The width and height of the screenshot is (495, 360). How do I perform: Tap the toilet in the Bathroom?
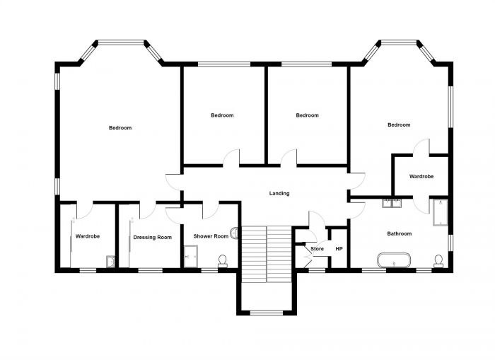(438, 262)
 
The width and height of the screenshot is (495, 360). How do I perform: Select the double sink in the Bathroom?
(391, 204)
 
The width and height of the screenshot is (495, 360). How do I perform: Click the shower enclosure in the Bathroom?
(440, 212)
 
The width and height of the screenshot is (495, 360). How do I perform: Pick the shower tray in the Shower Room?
(190, 255)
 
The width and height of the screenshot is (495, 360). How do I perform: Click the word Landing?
(279, 193)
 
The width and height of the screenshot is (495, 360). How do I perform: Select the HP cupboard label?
(339, 249)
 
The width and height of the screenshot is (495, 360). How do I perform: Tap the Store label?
(317, 249)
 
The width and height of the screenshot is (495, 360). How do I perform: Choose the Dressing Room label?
(153, 238)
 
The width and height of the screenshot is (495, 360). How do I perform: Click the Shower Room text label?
(211, 236)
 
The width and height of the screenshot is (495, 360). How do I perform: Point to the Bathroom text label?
(399, 233)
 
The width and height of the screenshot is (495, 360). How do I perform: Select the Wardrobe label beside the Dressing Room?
(88, 236)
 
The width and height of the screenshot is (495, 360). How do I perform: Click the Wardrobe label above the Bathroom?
(421, 176)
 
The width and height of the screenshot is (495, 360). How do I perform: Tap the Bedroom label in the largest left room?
(120, 128)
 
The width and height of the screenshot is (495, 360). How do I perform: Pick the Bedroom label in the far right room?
(398, 125)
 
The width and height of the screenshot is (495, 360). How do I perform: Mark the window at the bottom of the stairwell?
(266, 313)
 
